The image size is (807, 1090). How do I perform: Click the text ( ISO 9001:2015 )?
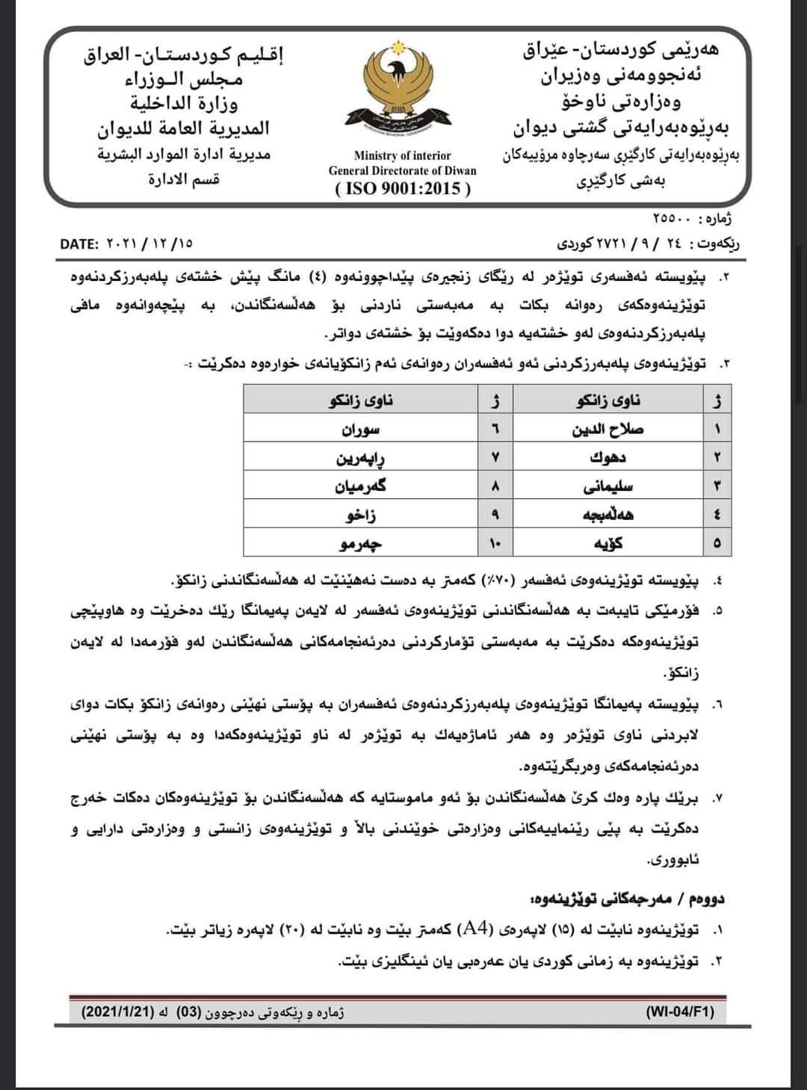[403, 188]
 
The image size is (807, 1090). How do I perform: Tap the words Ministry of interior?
[403, 155]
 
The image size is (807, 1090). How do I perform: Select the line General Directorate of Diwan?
[403, 170]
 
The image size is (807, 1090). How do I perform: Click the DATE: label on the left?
[80, 244]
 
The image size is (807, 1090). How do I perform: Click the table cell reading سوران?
[361, 430]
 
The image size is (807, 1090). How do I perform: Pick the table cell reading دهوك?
[607, 457]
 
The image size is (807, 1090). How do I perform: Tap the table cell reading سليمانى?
[607, 486]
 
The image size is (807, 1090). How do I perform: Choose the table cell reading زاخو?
[361, 515]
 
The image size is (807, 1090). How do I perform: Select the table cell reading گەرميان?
[361, 486]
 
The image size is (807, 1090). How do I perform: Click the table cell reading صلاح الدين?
[607, 430]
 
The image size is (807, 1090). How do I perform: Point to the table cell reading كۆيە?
[607, 543]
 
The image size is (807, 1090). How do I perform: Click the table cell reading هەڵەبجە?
[607, 515]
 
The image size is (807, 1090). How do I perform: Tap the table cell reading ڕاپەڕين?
[361, 457]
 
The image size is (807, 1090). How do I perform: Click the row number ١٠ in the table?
[495, 543]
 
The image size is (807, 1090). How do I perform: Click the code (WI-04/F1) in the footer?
[679, 1012]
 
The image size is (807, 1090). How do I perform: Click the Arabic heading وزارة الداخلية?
[184, 102]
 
